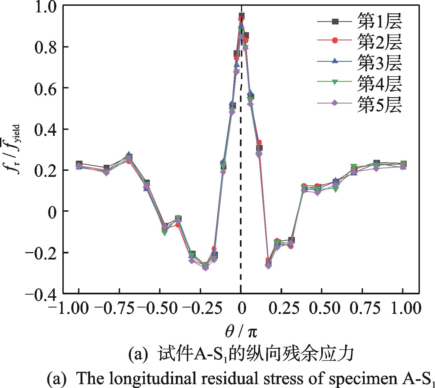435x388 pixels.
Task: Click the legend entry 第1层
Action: (379, 21)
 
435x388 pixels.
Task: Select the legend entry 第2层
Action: (379, 42)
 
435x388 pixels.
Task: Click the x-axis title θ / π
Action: (241, 332)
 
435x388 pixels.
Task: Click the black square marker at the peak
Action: (242, 16)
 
